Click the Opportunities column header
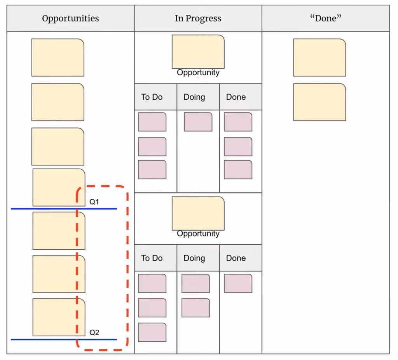coord(71,18)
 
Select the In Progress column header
coord(198,18)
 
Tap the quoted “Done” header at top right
coord(326,18)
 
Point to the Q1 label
coord(94,202)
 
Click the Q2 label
coord(94,332)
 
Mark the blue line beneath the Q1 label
coord(64,209)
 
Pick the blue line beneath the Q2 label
coord(64,339)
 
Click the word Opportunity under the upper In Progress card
coord(198,73)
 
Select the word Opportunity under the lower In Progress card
coord(198,234)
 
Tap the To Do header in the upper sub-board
coord(152,97)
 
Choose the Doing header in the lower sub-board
coord(194,258)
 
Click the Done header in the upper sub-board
coord(236,97)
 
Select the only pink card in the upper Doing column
coord(198,122)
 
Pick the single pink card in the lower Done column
coord(238,283)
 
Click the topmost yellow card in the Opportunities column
coord(58,57)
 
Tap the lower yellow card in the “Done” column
coord(319,102)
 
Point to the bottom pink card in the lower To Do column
coord(152,332)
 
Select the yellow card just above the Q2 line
coord(59,317)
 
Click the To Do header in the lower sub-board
coord(152,258)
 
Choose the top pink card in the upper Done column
coord(238,122)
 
